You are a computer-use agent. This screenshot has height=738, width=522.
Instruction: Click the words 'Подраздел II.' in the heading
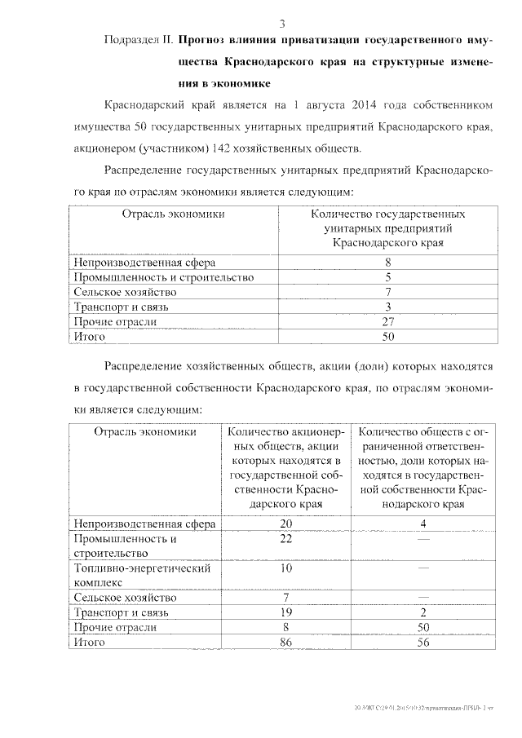(x=139, y=39)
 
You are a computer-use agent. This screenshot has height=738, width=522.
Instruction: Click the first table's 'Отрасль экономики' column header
(x=173, y=214)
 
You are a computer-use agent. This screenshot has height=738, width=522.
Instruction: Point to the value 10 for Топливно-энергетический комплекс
(x=285, y=568)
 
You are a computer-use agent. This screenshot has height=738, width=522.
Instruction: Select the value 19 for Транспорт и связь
(x=285, y=612)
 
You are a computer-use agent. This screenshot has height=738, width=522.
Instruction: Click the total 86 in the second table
(x=285, y=643)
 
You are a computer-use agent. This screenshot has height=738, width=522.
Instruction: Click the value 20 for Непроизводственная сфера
(x=285, y=523)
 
